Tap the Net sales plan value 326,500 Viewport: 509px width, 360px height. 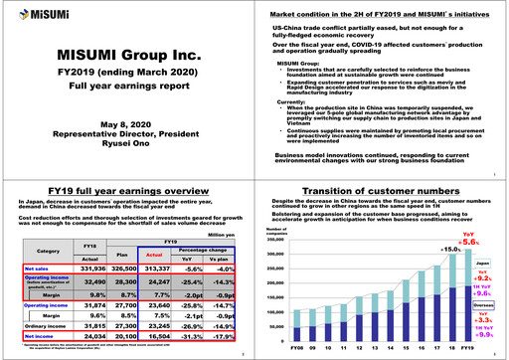126,269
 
